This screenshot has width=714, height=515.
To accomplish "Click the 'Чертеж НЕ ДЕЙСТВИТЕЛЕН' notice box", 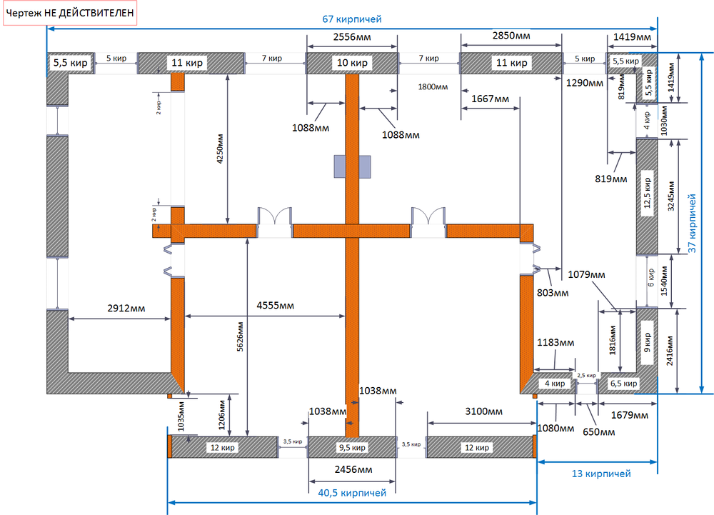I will (x=70, y=14).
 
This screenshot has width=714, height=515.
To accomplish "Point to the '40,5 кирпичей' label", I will (x=351, y=493).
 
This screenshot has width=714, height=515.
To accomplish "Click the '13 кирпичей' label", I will (x=600, y=473).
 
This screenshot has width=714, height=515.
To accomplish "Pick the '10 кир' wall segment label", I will (x=351, y=64).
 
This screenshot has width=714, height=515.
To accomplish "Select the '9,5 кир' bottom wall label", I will (x=351, y=448).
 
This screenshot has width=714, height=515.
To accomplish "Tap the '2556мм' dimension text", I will (x=351, y=36).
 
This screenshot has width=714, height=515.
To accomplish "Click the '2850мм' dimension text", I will (x=511, y=36).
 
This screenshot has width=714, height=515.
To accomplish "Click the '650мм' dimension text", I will (x=598, y=432).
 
